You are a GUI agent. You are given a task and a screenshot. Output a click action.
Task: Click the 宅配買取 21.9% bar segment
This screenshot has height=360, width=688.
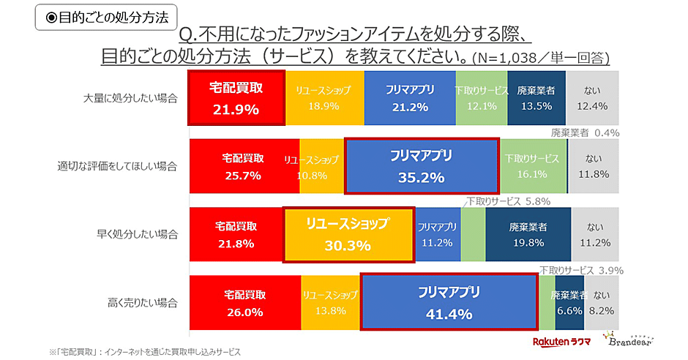(x=236, y=98)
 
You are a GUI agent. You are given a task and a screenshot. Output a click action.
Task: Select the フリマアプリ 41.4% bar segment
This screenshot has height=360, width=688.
(x=449, y=303)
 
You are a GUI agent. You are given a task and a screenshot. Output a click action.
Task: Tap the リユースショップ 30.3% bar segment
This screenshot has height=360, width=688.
(x=348, y=234)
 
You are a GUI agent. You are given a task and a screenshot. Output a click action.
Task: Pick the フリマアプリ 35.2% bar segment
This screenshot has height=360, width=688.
(x=421, y=166)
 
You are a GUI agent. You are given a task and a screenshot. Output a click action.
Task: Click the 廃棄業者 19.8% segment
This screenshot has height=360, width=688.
(x=528, y=234)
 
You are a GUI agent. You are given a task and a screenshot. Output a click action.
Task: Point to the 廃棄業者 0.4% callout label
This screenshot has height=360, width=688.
(x=585, y=133)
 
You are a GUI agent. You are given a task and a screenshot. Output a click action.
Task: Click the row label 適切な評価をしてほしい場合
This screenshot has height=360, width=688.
(x=117, y=166)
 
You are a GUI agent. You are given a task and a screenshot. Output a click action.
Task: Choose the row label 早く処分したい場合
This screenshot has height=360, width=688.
(x=137, y=235)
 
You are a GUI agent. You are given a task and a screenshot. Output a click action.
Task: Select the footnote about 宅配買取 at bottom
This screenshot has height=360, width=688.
(x=144, y=352)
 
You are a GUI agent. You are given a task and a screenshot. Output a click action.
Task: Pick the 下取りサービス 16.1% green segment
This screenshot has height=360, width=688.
(x=531, y=166)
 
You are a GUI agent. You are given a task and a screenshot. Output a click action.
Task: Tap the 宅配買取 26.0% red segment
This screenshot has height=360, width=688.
(x=244, y=303)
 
